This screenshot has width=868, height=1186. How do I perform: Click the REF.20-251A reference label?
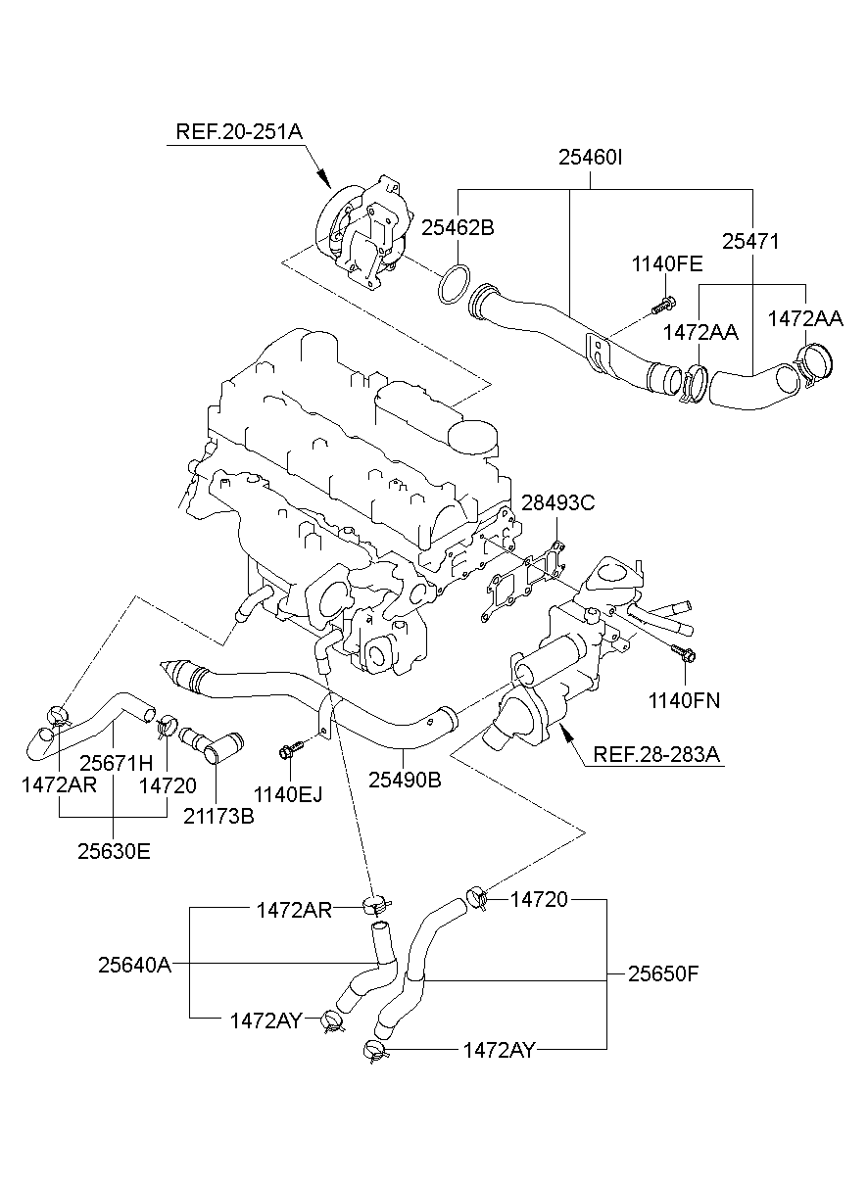[239, 131]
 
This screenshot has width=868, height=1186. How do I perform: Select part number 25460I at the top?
[591, 157]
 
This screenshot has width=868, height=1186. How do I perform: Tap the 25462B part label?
[458, 227]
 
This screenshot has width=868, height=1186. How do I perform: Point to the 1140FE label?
[666, 263]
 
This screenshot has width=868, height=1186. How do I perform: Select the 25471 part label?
[751, 241]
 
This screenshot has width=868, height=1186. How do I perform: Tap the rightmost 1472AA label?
[804, 318]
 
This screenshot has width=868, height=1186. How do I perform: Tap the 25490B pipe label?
[405, 780]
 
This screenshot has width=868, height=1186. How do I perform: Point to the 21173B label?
[218, 814]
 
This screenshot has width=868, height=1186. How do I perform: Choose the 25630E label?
[114, 851]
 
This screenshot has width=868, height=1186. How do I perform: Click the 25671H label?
[117, 762]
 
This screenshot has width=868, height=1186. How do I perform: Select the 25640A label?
[134, 965]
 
